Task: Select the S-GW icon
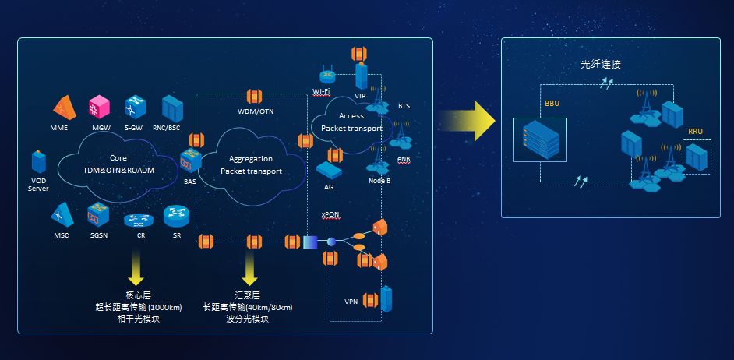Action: click(x=134, y=106)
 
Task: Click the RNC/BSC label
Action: click(x=171, y=126)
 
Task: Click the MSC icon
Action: click(x=62, y=212)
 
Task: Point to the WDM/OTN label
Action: click(x=256, y=111)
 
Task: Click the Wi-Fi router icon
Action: click(x=326, y=76)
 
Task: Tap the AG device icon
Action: click(x=329, y=169)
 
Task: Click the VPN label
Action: click(x=351, y=301)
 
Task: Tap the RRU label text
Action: click(x=696, y=131)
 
